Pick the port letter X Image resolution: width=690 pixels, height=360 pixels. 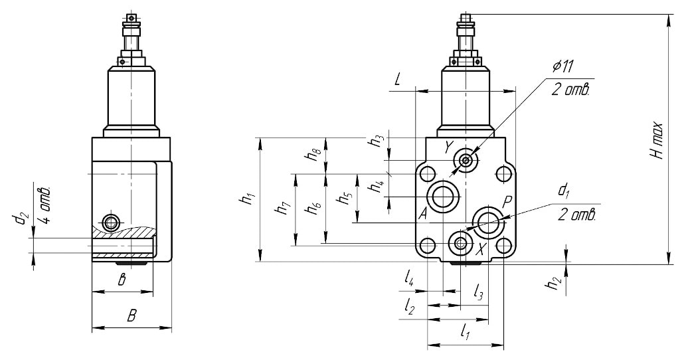[483, 249]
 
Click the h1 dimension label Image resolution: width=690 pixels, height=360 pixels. [248, 199]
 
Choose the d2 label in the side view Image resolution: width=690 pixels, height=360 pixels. [25, 218]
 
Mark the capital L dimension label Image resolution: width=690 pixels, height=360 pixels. [396, 80]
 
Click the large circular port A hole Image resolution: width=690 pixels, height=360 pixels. [443, 196]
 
